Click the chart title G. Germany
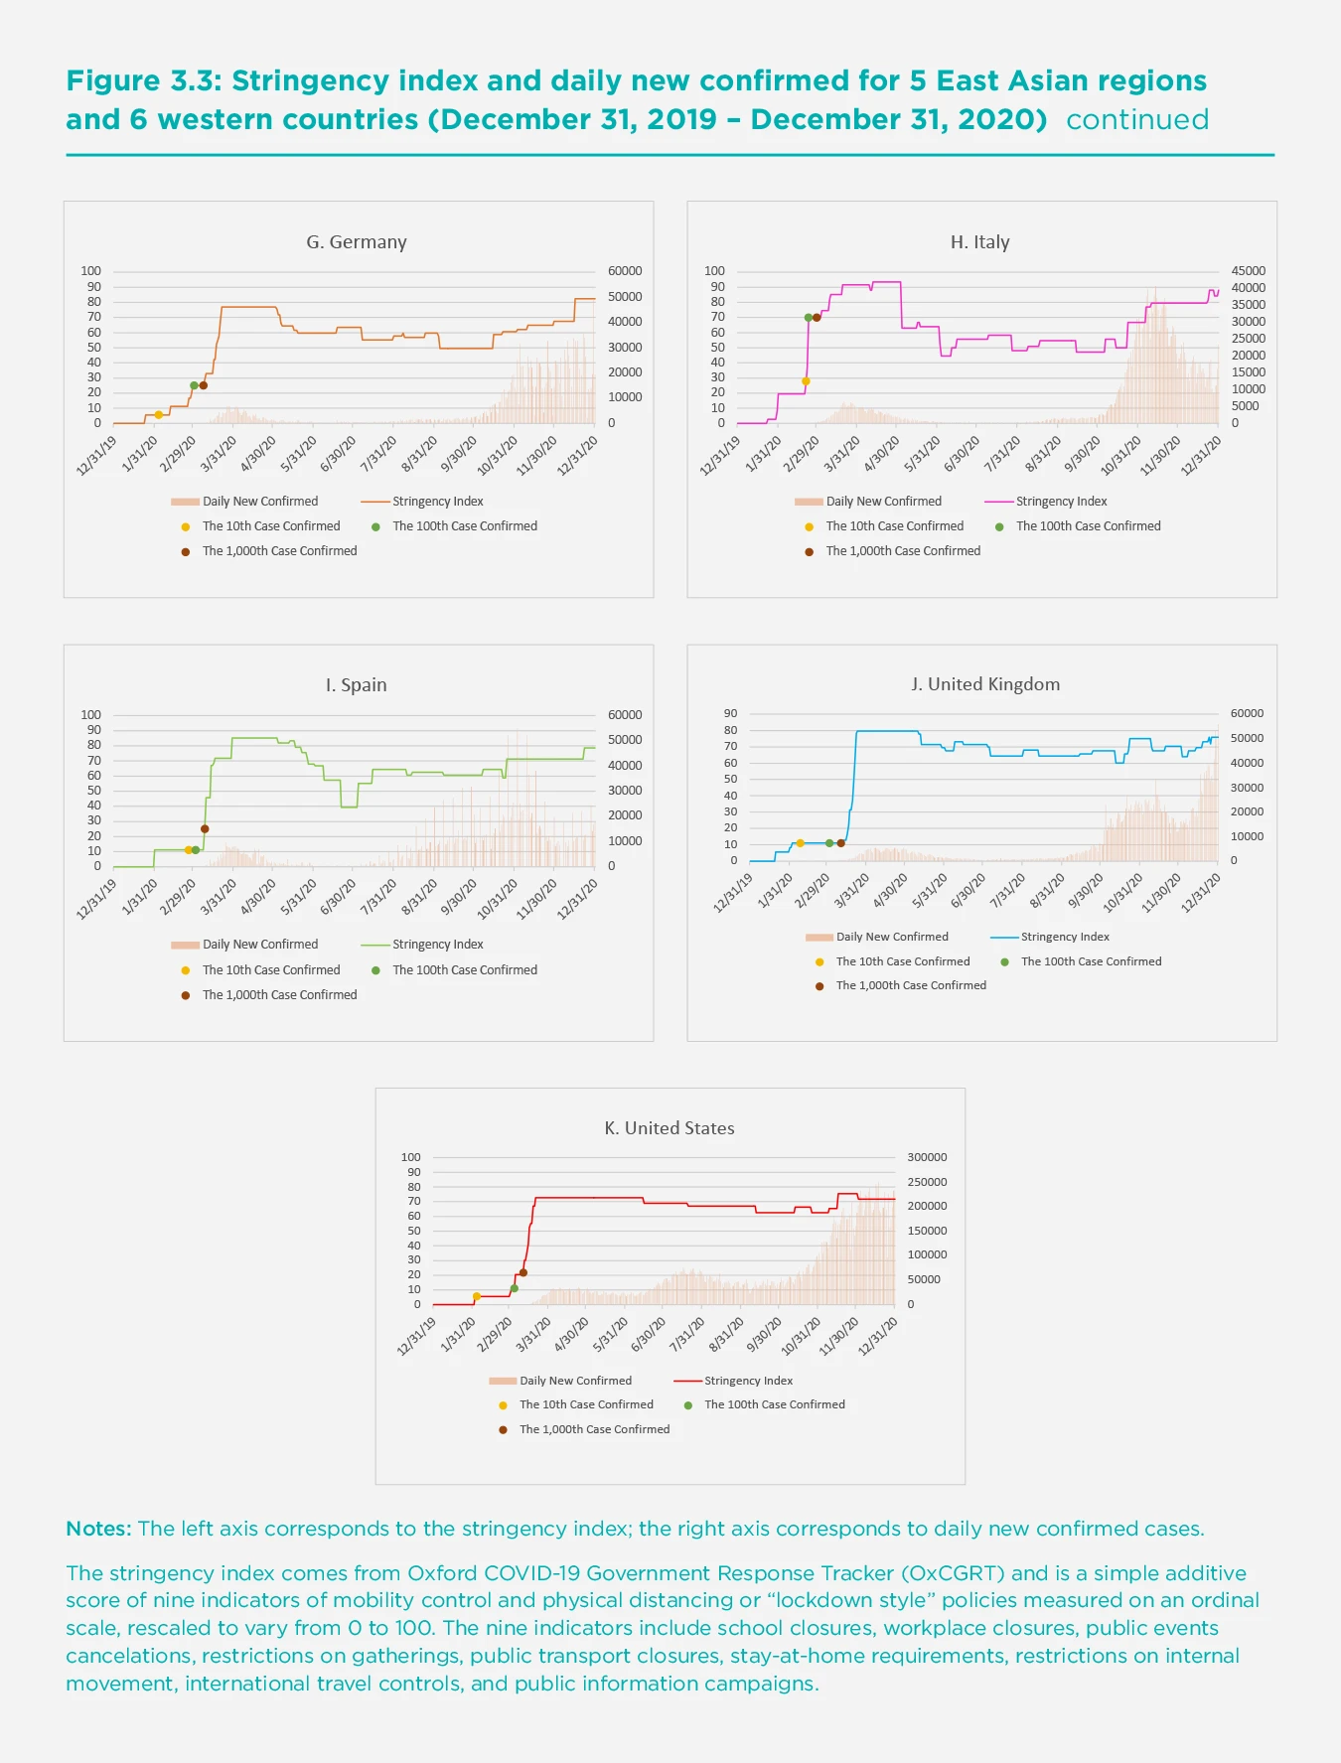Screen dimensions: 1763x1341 tap(356, 242)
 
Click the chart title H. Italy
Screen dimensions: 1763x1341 tap(979, 242)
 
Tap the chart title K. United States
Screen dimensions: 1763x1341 tap(670, 1128)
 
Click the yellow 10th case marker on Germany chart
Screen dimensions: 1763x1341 tap(158, 414)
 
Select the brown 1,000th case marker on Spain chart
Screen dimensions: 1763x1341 tap(205, 828)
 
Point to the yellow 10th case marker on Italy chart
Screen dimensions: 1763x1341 tap(806, 381)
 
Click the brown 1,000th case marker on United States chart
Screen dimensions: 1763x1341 tap(523, 1272)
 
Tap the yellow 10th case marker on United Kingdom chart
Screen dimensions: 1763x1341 tap(800, 843)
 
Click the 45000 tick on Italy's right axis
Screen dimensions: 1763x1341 tap(1248, 271)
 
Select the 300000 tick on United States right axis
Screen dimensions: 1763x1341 tap(927, 1157)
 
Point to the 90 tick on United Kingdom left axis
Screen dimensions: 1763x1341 tap(731, 713)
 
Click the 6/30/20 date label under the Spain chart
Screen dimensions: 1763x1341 tap(339, 897)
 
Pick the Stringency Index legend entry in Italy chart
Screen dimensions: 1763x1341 tap(1061, 502)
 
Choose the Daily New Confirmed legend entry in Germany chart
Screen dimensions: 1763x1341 tap(260, 502)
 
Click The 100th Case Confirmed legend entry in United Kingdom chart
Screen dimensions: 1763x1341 tap(1091, 961)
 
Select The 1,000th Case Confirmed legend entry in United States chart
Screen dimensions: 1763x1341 tap(594, 1429)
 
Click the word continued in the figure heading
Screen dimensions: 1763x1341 tap(1137, 120)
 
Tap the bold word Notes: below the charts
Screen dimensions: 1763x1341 tap(98, 1529)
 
